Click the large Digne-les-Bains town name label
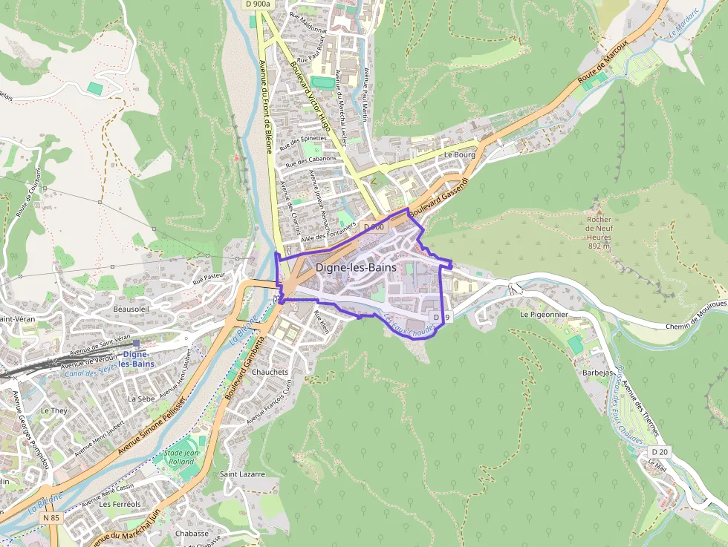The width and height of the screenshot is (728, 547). click(x=356, y=267)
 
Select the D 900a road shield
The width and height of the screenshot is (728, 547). click(x=257, y=4)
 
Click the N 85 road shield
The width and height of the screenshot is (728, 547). click(x=51, y=517)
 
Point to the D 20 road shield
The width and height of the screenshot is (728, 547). click(x=659, y=451)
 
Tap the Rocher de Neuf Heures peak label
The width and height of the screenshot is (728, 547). click(x=599, y=232)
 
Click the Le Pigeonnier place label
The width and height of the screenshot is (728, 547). click(x=545, y=314)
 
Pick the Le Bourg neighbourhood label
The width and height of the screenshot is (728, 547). click(x=459, y=155)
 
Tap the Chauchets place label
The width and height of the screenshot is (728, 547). click(x=270, y=372)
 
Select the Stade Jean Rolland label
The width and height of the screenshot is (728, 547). click(x=181, y=457)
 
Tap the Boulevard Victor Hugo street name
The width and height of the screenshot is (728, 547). click(x=311, y=96)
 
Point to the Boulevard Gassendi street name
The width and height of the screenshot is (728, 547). click(x=438, y=197)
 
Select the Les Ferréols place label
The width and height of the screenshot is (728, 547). click(x=120, y=504)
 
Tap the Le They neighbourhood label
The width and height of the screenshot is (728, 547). click(x=53, y=410)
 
